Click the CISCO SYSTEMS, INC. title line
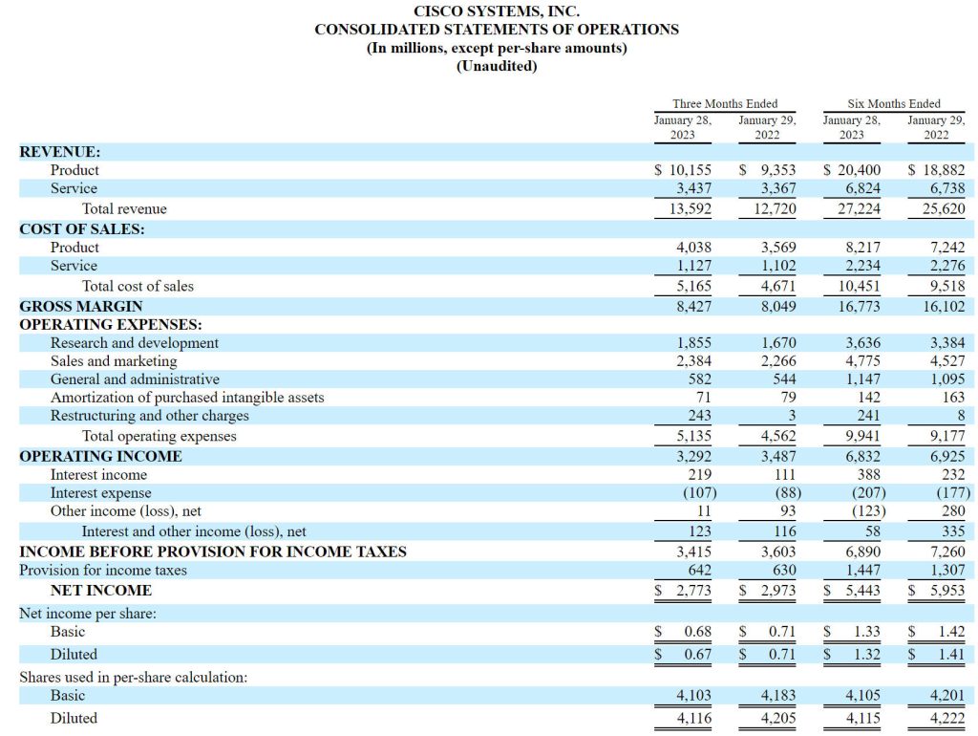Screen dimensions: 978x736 pyautogui.click(x=497, y=11)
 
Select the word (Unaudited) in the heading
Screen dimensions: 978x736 pyautogui.click(x=497, y=66)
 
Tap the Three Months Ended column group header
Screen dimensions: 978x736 pyautogui.click(x=725, y=103)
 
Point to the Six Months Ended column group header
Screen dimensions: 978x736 pyautogui.click(x=894, y=103)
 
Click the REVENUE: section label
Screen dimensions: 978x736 pyautogui.click(x=60, y=152)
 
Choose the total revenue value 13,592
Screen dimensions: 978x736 pyautogui.click(x=690, y=208)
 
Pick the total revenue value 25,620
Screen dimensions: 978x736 pyautogui.click(x=944, y=208)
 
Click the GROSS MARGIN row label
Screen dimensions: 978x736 pyautogui.click(x=81, y=307)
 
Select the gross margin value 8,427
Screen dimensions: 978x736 pyautogui.click(x=693, y=307)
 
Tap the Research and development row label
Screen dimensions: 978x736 pyautogui.click(x=135, y=343)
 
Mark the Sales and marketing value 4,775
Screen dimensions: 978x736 pyautogui.click(x=863, y=360)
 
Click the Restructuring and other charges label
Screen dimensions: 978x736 pyautogui.click(x=150, y=415)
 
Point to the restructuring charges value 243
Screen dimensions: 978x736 pyautogui.click(x=700, y=415)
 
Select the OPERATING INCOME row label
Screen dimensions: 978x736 pyautogui.click(x=100, y=456)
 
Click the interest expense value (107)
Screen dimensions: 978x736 pyautogui.click(x=700, y=492)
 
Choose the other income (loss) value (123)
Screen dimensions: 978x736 pyautogui.click(x=869, y=510)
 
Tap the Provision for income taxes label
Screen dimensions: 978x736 pyautogui.click(x=103, y=570)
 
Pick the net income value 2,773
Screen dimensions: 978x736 pyautogui.click(x=693, y=590)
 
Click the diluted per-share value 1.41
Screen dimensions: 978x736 pyautogui.click(x=952, y=654)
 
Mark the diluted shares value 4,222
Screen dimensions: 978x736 pyautogui.click(x=947, y=718)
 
